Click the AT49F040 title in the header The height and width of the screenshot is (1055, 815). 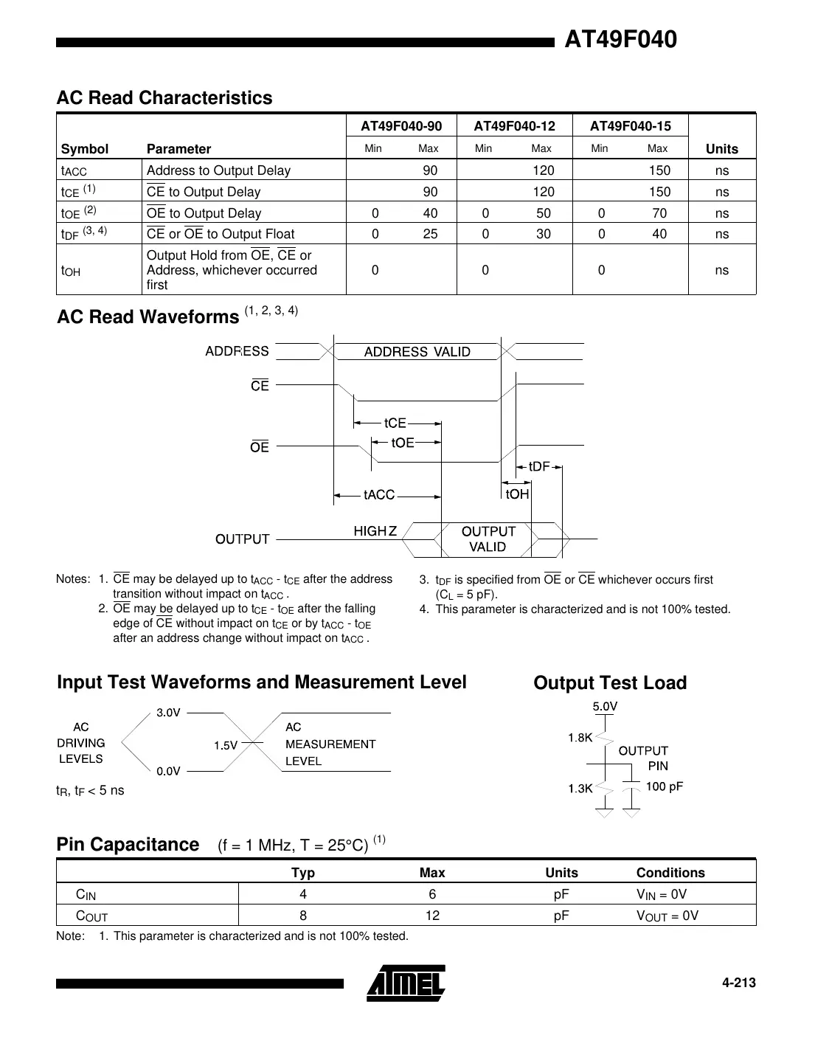pos(620,39)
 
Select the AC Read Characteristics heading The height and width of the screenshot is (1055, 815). pos(164,98)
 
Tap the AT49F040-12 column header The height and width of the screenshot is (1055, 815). pos(514,126)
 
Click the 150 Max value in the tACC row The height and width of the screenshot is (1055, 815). pos(659,170)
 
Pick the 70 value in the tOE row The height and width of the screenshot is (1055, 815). pos(659,213)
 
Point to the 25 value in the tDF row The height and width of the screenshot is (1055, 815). pos(430,234)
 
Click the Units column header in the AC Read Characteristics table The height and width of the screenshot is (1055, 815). pos(721,148)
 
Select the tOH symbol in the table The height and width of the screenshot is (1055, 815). pos(71,271)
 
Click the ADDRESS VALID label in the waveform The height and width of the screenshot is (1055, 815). pos(417,352)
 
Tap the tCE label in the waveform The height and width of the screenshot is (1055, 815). pos(395,423)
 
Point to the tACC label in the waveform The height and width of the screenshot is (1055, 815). pos(379,494)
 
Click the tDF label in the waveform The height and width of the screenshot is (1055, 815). pos(539,466)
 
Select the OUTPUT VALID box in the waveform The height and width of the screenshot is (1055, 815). pos(488,539)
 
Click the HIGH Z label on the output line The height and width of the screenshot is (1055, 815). pos(375,531)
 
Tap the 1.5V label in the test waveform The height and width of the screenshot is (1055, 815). pos(226,745)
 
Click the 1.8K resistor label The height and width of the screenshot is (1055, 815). pos(580,738)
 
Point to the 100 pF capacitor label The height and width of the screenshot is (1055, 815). pos(664,786)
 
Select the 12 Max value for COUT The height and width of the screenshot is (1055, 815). pos(432,916)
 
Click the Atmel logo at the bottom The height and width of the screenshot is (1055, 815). pos(406,983)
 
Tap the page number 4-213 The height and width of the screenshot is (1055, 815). pos(738,983)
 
